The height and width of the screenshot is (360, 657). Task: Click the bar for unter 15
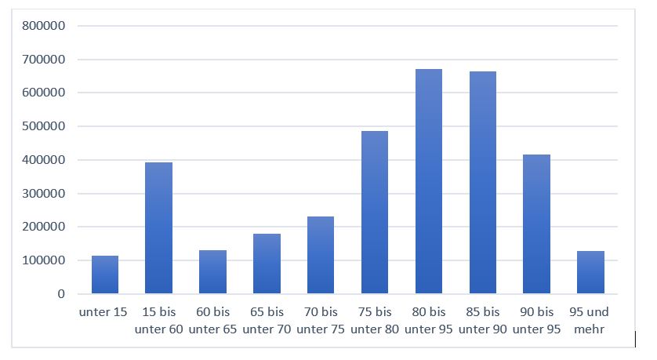[x=105, y=275]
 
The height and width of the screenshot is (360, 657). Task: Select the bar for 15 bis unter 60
[x=158, y=228]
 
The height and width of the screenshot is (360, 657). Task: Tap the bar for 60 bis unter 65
[x=212, y=272]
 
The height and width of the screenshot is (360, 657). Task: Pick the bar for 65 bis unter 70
[x=267, y=264]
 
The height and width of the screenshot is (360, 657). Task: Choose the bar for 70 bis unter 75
[x=321, y=255]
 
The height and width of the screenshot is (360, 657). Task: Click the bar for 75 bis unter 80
[x=375, y=212]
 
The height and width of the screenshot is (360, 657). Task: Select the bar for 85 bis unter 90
[x=483, y=182]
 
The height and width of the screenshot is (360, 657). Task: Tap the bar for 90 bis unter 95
[x=536, y=224]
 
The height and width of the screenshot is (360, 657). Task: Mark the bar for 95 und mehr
[x=590, y=272]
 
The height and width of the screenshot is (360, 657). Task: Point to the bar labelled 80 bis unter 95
[x=429, y=181]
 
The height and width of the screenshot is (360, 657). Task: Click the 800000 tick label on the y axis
[x=44, y=26]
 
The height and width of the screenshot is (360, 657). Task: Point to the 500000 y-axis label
[x=44, y=126]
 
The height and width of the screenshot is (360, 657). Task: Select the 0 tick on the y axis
[x=61, y=294]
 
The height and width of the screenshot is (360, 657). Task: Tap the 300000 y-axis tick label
[x=44, y=193]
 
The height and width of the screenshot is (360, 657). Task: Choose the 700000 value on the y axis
[x=44, y=59]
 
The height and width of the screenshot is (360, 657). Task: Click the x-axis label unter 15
[x=103, y=312]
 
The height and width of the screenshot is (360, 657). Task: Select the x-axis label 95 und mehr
[x=589, y=321]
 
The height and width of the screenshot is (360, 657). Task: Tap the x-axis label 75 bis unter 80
[x=375, y=321]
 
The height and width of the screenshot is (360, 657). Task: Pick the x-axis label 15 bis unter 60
[x=159, y=321]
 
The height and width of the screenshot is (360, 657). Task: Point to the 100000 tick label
[x=44, y=260]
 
